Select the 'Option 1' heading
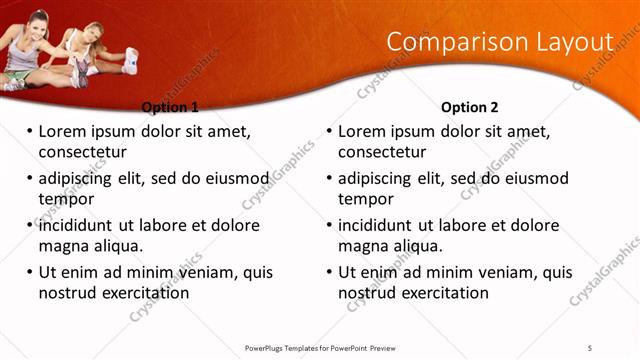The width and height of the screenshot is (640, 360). click(170, 107)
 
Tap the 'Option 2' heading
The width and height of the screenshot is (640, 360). click(469, 107)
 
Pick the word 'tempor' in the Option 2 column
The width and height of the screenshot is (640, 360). click(365, 199)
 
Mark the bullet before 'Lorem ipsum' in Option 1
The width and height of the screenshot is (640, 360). click(29, 131)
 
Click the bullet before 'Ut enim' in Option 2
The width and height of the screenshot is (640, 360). click(329, 272)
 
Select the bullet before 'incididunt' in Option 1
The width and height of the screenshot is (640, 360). click(29, 225)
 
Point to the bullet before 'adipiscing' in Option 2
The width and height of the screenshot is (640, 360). click(329, 178)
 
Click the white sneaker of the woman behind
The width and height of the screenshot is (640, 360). click(130, 62)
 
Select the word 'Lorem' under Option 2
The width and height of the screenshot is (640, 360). click(362, 131)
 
